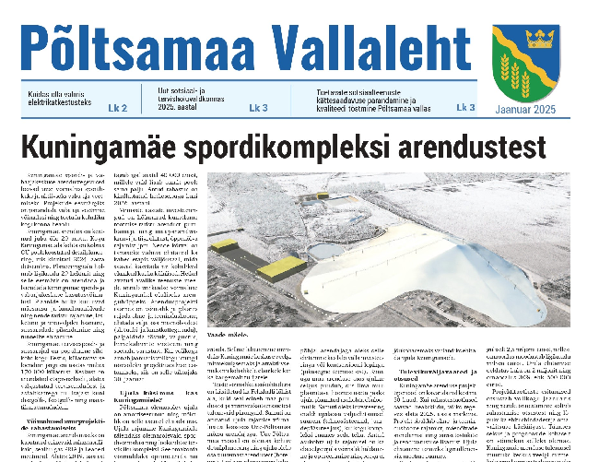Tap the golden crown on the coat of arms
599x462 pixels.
coord(537,39)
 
